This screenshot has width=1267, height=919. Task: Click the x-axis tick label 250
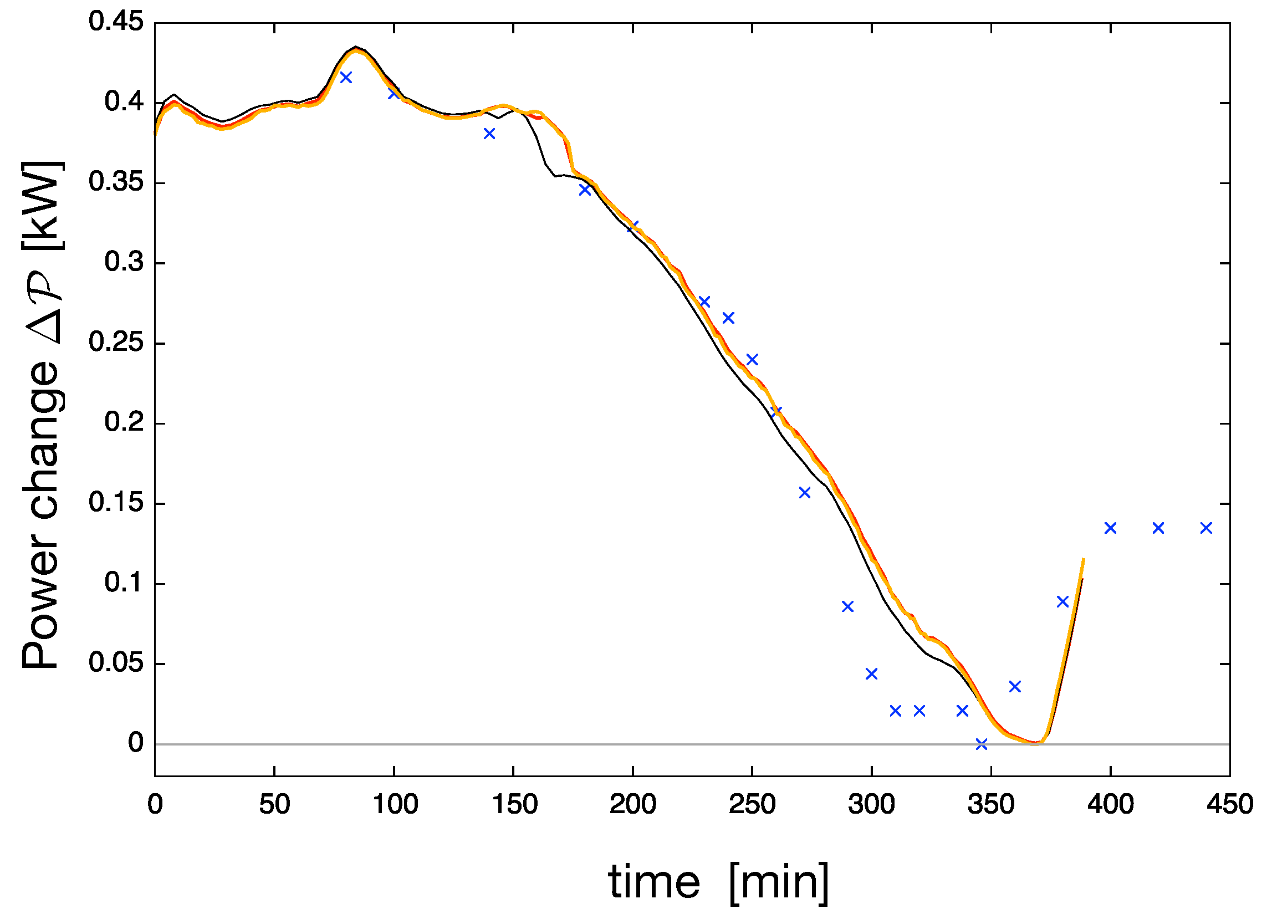tap(752, 804)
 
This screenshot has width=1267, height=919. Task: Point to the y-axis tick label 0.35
tap(116, 182)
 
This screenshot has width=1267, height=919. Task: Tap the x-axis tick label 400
tap(1110, 804)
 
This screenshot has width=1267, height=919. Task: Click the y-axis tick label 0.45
tap(116, 22)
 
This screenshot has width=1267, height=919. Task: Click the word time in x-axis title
tap(653, 882)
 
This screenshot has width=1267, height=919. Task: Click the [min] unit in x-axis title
tap(779, 882)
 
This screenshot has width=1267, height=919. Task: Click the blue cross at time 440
tap(1206, 528)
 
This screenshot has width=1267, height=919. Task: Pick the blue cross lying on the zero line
tap(982, 744)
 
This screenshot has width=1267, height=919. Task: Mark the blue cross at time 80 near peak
tap(346, 77)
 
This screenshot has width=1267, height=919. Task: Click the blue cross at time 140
tap(489, 134)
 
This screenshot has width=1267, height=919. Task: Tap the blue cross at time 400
tap(1111, 528)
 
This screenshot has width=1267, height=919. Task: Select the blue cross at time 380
tap(1062, 602)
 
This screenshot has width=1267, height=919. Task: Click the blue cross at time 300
tap(871, 674)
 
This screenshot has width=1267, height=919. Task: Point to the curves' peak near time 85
tap(356, 49)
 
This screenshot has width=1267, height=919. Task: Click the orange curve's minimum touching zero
tap(1035, 743)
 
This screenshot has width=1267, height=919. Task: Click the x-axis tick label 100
tap(395, 804)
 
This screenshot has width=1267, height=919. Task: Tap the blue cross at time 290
tap(847, 606)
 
